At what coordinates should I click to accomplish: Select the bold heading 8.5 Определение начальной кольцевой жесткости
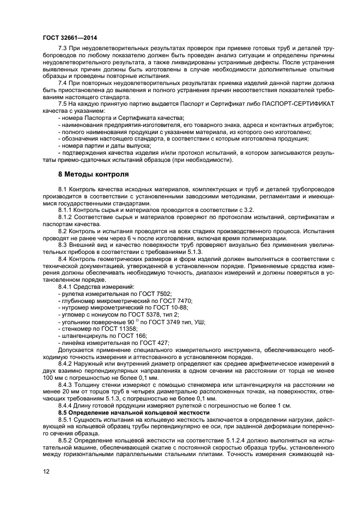click(x=134, y=412)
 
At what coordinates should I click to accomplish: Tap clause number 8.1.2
click(x=65, y=216)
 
